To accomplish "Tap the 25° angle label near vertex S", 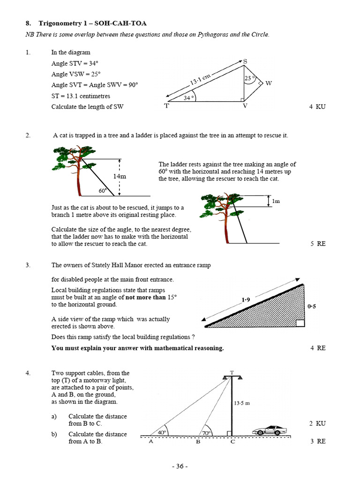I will [249, 79].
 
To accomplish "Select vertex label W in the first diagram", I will [269, 83].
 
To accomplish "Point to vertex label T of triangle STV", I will [166, 106].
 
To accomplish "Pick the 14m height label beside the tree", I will [120, 176].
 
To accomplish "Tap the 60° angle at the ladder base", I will [103, 191].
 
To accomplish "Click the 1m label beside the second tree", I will [276, 201].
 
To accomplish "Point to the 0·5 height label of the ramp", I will [312, 307].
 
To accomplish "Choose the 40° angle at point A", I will [162, 432].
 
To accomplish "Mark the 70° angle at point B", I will [206, 433].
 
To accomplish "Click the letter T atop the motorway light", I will [232, 373].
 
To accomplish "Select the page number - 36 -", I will [180, 466].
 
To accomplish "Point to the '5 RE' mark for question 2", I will [317, 244].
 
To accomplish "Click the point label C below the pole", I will [232, 442].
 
